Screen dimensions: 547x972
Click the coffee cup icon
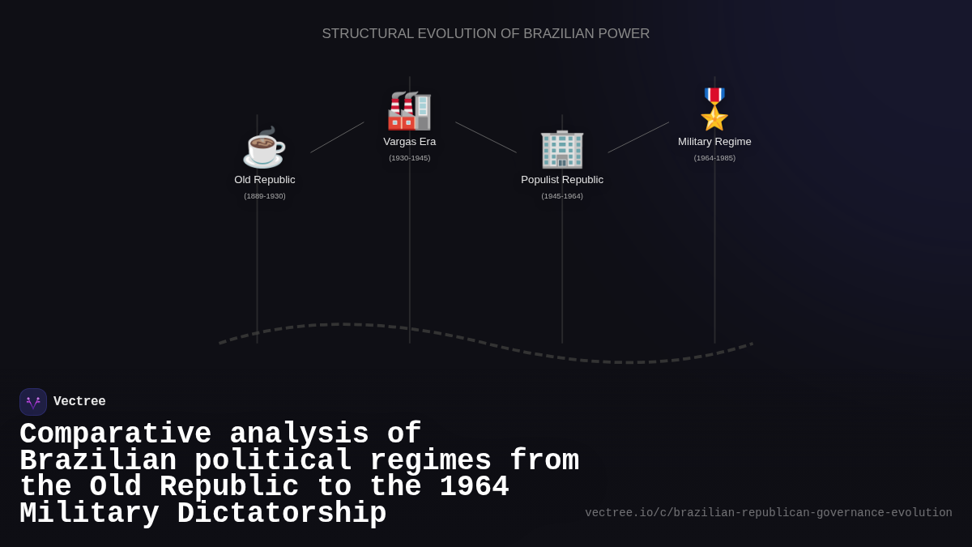(264, 147)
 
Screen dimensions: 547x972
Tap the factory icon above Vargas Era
(409, 111)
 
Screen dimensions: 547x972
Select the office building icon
(562, 149)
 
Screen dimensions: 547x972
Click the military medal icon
(714, 109)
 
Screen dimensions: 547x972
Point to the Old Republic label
(265, 180)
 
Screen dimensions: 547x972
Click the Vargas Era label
(410, 142)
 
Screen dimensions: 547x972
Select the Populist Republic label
(562, 180)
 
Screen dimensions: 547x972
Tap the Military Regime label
(714, 142)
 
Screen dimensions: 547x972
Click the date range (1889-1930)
(265, 196)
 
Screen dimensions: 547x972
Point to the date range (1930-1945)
(410, 158)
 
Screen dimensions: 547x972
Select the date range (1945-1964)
(562, 196)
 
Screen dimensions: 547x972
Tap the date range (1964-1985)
(714, 158)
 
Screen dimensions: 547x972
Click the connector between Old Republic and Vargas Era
(337, 138)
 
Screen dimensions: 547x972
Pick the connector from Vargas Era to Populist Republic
(486, 138)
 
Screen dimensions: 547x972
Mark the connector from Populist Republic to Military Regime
(638, 138)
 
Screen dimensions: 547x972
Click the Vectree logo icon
(33, 402)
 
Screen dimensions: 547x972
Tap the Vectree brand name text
(79, 402)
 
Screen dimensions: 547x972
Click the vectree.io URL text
(769, 513)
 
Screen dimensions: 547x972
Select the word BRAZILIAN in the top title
(558, 34)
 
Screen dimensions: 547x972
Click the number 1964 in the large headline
(474, 487)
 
